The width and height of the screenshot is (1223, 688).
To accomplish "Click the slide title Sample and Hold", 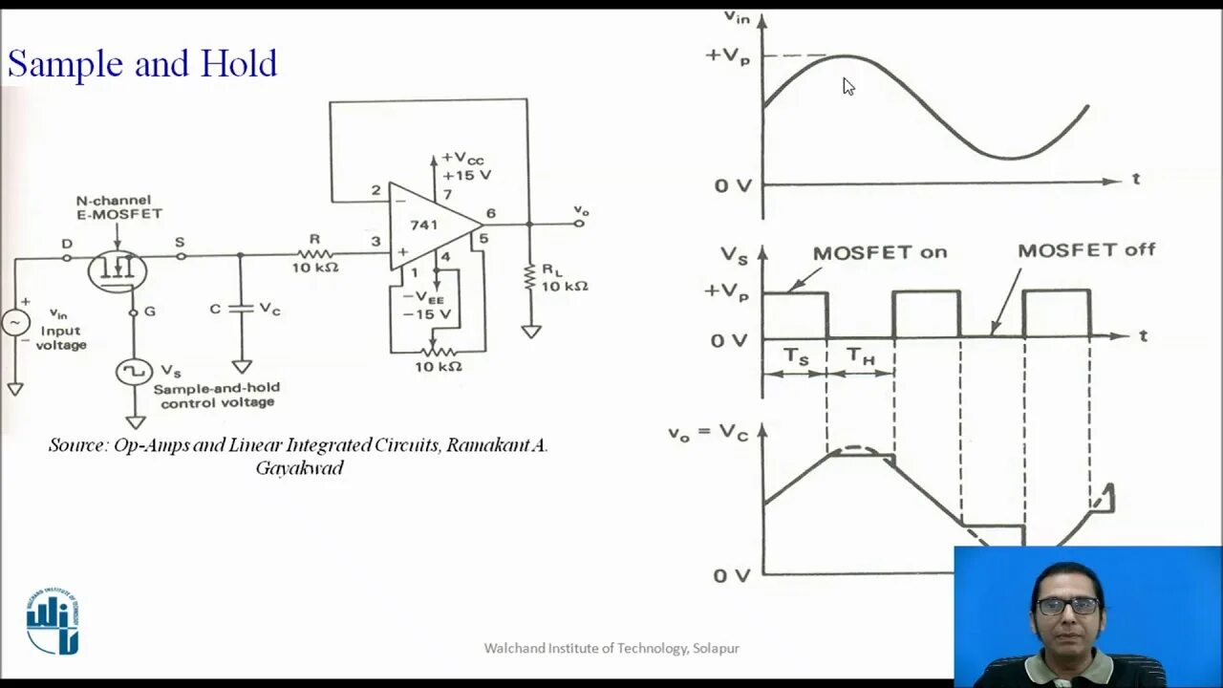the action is point(142,64).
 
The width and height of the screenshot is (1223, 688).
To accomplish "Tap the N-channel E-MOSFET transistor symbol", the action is point(117,270).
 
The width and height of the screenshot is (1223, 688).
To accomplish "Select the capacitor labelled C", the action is point(242,308).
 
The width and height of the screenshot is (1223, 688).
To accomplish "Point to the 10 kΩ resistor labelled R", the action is point(314,254).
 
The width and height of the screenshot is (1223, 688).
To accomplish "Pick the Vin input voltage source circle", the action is point(15,323).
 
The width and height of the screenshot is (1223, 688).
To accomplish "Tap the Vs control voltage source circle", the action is point(134,371).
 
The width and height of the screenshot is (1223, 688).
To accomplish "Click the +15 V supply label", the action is point(466,175).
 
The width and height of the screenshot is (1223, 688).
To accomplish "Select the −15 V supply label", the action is point(427,314).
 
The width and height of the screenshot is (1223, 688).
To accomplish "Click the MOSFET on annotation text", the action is point(879,253).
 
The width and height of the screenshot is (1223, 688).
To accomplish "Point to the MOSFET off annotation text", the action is point(1085,250).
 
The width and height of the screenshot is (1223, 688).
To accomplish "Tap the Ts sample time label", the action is point(796,356).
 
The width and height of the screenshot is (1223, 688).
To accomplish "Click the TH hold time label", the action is point(861,357).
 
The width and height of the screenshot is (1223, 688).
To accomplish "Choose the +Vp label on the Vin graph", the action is point(727,54).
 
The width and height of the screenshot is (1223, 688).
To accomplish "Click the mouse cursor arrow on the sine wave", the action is point(848,86).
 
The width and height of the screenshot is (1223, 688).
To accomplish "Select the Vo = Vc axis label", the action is point(707,433).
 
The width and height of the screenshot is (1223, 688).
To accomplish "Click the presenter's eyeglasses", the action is point(1067,606).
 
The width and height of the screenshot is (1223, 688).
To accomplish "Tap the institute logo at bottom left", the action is point(53,622).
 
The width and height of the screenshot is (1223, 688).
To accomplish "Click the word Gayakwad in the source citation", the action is point(299,468).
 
